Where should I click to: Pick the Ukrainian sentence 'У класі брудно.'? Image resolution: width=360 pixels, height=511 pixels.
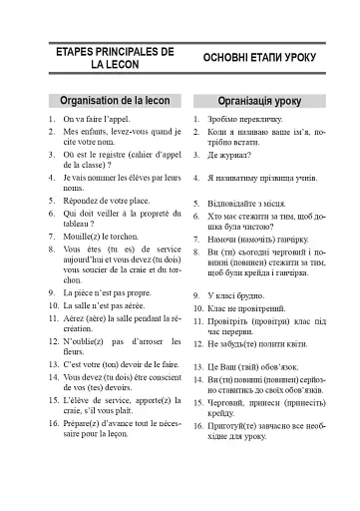[230, 296]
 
